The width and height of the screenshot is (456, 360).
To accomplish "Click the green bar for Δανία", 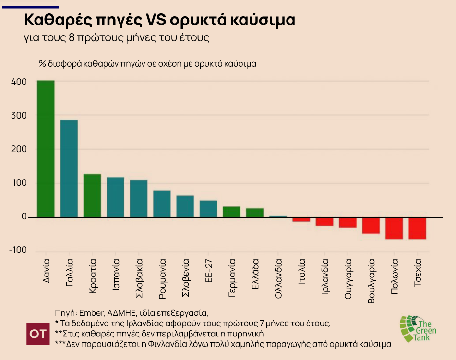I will pyautogui.click(x=46, y=149).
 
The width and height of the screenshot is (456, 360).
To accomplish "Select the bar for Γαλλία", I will pyautogui.click(x=69, y=168).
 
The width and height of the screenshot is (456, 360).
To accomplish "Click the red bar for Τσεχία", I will pyautogui.click(x=418, y=228).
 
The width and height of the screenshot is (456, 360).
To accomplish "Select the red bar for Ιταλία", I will pyautogui.click(x=301, y=219).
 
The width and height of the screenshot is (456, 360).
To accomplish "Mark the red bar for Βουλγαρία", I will pyautogui.click(x=371, y=226).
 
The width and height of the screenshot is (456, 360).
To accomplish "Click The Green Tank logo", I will pyautogui.click(x=417, y=328).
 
